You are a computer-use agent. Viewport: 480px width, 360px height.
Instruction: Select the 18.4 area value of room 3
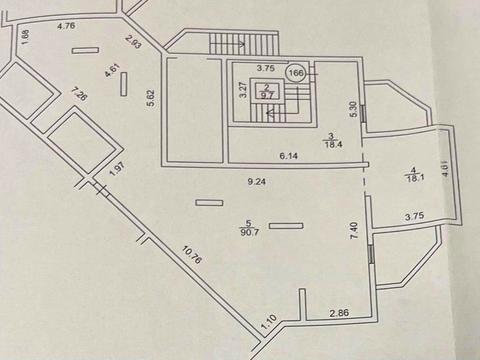click(x=331, y=144)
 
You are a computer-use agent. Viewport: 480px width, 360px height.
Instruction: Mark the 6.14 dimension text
click(x=290, y=156)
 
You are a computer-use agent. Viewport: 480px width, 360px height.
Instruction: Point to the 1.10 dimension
click(x=267, y=325)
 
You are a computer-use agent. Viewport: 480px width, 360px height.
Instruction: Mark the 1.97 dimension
click(x=116, y=172)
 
